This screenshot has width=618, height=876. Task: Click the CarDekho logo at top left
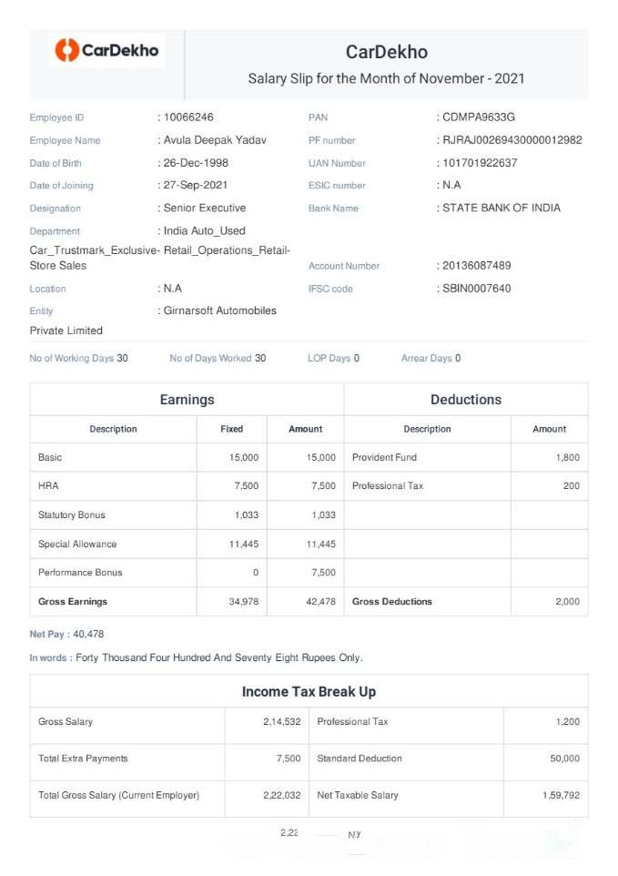[x=106, y=50]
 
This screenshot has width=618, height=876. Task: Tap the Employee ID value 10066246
[x=188, y=117]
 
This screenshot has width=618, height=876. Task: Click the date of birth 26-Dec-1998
[x=196, y=163]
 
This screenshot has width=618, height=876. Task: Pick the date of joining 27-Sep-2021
[x=196, y=186]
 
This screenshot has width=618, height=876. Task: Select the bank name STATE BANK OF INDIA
[x=501, y=209]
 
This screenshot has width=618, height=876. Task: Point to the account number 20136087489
[x=477, y=266]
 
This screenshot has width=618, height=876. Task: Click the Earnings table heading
[x=187, y=400]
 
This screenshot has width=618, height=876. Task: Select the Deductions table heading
[x=465, y=400]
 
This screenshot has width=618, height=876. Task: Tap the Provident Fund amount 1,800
[x=567, y=457]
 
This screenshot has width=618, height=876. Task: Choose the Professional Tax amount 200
[x=571, y=486]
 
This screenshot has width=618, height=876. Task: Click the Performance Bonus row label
[x=80, y=573]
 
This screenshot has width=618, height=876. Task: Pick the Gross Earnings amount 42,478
[x=321, y=602]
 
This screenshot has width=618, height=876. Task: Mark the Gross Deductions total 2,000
[x=567, y=602]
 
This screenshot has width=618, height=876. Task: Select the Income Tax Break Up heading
[x=309, y=692]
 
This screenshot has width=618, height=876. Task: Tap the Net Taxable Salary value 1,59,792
[x=561, y=795]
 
